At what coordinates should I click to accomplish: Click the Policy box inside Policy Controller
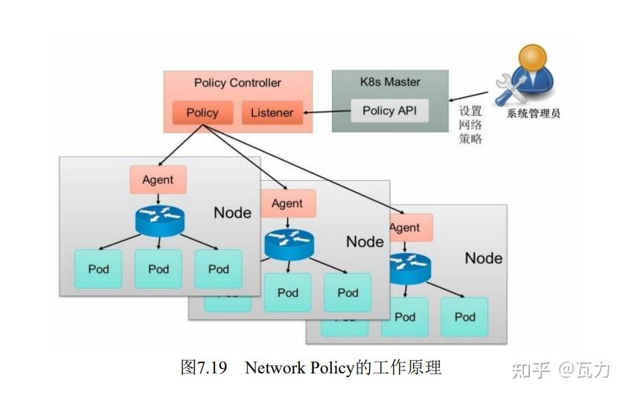click(x=202, y=113)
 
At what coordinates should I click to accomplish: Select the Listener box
click(x=272, y=113)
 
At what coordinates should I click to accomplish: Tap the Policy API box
click(x=390, y=111)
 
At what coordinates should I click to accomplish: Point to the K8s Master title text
click(x=390, y=82)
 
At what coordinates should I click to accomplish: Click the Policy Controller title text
click(x=237, y=83)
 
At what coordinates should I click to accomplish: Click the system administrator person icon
click(x=529, y=74)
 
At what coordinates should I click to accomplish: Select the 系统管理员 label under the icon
click(x=533, y=114)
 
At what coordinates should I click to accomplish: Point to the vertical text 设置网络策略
click(x=470, y=124)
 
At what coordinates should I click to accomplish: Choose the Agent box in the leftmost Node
click(x=158, y=179)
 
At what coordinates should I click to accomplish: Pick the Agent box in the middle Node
click(x=287, y=203)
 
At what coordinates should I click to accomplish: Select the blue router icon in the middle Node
click(x=289, y=243)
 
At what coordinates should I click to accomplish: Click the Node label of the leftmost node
click(x=232, y=213)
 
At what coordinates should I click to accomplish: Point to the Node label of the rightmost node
click(x=483, y=258)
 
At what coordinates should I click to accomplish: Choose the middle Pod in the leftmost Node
click(x=158, y=269)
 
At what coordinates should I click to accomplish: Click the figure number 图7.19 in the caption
click(x=203, y=367)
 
